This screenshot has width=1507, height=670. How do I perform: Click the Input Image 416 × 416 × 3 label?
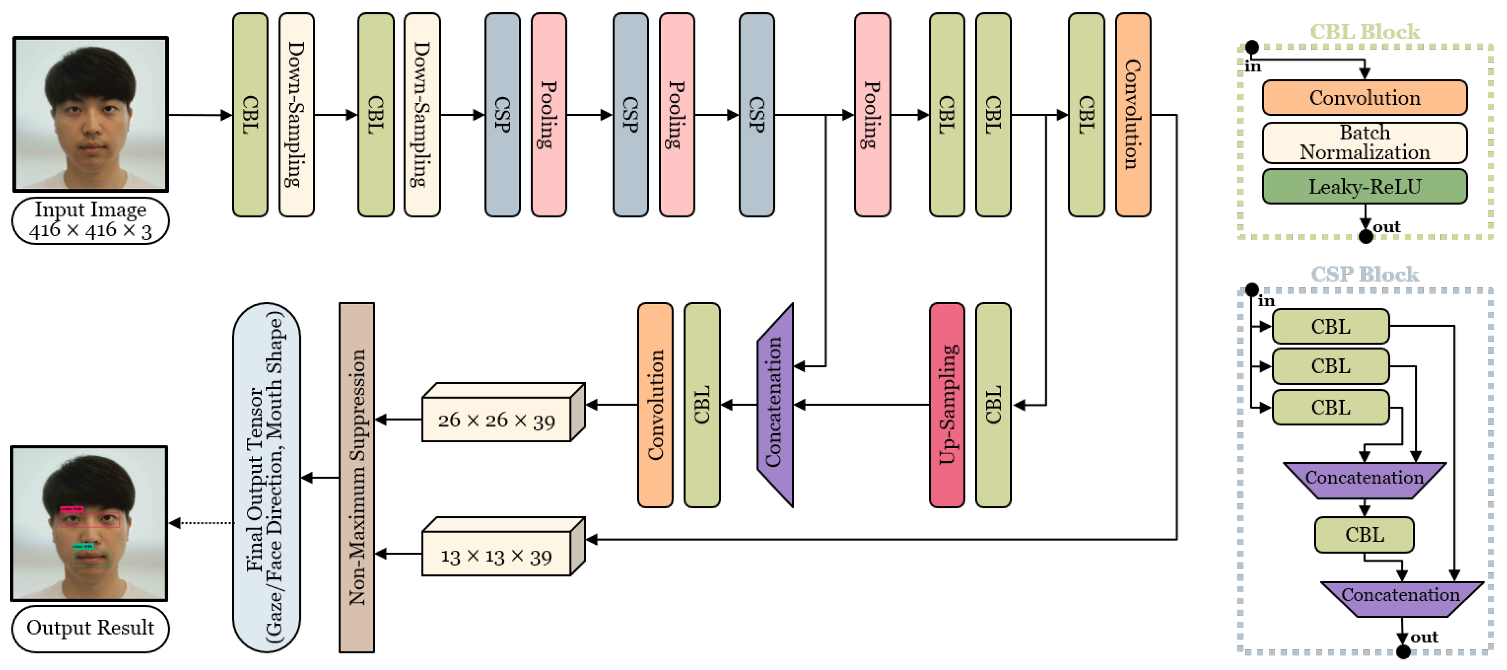click(90, 221)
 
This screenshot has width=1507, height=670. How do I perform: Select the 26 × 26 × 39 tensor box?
click(496, 420)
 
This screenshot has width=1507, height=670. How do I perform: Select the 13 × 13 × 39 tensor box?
click(496, 554)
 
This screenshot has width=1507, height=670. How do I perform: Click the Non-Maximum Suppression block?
click(356, 478)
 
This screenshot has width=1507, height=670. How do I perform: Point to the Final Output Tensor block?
click(266, 478)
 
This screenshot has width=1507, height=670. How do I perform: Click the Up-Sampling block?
click(947, 405)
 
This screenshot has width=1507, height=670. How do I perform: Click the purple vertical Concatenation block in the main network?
click(775, 405)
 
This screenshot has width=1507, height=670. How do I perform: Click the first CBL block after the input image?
click(250, 115)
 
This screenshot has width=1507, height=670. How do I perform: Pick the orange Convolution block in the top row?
click(1133, 115)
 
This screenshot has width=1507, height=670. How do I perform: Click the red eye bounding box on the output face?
click(89, 520)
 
